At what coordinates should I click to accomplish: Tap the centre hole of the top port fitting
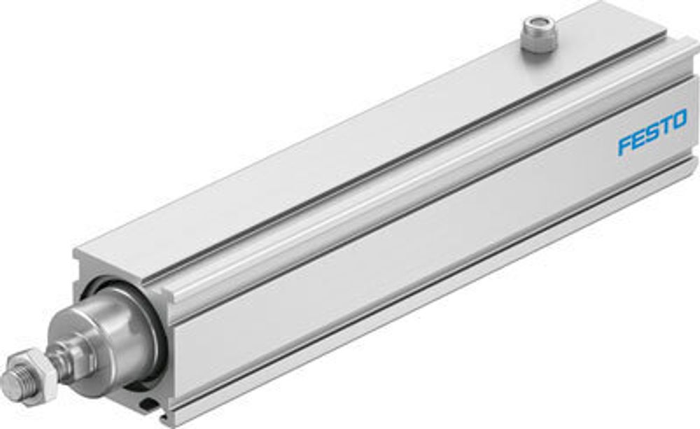pos(535,22)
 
